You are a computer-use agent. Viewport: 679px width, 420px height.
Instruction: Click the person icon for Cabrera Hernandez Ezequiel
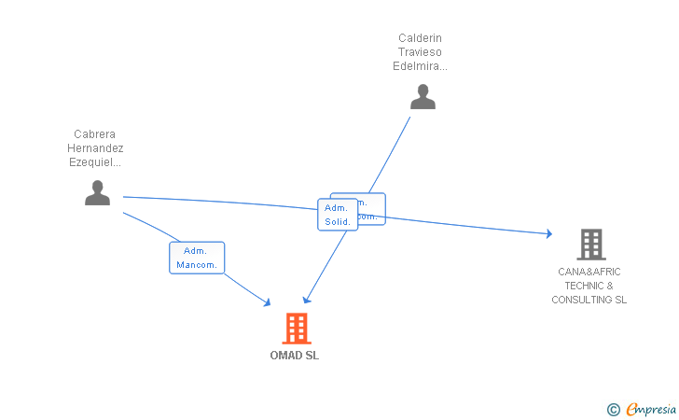click(97, 192)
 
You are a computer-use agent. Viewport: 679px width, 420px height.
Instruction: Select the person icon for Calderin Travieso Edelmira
click(423, 97)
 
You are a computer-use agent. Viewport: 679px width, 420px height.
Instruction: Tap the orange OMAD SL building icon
click(296, 329)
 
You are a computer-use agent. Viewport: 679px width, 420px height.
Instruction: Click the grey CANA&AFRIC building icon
click(590, 244)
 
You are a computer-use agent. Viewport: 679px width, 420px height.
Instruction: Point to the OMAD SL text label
click(295, 356)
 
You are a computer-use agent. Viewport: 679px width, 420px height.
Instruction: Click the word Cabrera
click(94, 133)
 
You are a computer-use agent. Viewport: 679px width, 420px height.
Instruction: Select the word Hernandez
click(95, 147)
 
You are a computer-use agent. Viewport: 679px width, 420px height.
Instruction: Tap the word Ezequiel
click(95, 161)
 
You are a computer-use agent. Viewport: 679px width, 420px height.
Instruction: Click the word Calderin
click(420, 38)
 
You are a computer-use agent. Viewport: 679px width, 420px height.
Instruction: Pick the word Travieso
click(420, 52)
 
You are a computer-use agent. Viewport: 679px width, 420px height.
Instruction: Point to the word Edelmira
click(420, 66)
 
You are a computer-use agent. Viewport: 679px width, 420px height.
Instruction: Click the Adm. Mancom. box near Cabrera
click(197, 258)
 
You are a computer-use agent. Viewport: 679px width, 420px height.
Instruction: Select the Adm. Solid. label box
click(337, 215)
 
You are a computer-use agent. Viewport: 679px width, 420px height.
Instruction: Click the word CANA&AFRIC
click(589, 272)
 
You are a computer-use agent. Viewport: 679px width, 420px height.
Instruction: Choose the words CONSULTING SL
click(589, 300)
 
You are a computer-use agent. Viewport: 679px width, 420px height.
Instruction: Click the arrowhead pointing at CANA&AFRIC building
click(548, 233)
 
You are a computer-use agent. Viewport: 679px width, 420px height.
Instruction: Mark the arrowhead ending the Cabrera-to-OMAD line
click(267, 302)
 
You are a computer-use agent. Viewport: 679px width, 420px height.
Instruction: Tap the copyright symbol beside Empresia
click(613, 409)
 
